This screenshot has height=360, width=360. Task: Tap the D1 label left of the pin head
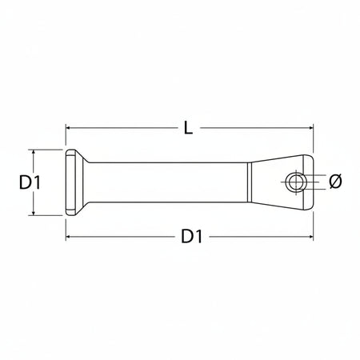point(30,182)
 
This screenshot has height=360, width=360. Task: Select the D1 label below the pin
point(190,236)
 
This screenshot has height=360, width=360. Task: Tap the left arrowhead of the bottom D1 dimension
point(69,237)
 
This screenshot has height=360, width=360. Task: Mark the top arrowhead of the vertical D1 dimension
point(34,152)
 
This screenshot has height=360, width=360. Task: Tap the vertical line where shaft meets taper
point(249,182)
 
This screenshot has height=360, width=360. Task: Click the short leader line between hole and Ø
point(318,182)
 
